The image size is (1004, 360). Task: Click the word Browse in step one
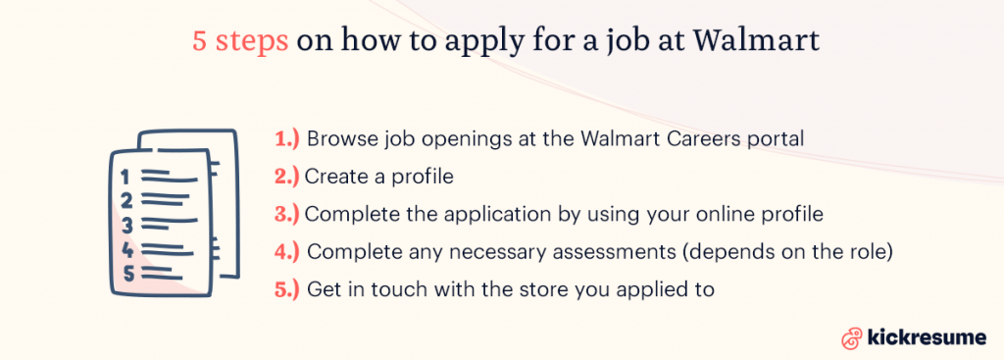[x=340, y=139]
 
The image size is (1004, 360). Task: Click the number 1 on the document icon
[x=125, y=178]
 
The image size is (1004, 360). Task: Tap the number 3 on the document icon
[x=125, y=224]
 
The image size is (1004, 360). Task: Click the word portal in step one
[x=777, y=139]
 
